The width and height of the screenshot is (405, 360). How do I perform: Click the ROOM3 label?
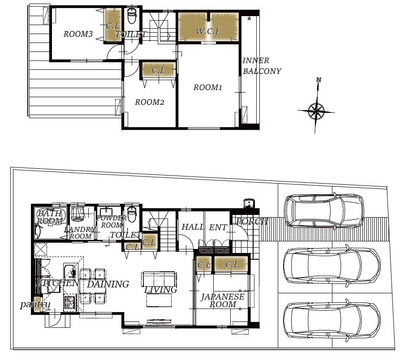(x=78, y=34)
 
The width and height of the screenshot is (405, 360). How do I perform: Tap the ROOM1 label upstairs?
(x=208, y=87)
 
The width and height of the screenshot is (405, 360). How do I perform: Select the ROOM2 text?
(x=150, y=102)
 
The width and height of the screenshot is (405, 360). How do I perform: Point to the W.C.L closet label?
(x=208, y=31)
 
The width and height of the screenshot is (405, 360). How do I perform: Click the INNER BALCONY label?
(x=262, y=66)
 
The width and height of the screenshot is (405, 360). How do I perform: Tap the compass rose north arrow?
(x=316, y=111)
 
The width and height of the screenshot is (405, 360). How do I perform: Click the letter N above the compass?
(x=319, y=80)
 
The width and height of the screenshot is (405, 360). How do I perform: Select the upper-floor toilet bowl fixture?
(x=132, y=16)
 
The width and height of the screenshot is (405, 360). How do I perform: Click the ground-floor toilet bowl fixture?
(x=132, y=214)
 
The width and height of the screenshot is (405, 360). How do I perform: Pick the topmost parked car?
(x=323, y=210)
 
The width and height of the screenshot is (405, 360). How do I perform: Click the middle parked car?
(x=332, y=266)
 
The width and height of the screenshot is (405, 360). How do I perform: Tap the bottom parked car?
(x=332, y=320)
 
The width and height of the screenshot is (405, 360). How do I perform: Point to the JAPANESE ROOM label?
(x=223, y=300)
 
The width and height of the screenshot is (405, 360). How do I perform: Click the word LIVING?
(x=161, y=290)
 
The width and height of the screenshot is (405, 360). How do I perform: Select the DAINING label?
(x=108, y=284)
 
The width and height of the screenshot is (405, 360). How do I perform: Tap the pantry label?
(x=35, y=304)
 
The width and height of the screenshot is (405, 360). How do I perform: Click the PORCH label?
(x=252, y=222)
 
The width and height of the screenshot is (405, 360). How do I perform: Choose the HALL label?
(x=193, y=227)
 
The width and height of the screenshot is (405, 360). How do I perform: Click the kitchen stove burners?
(x=69, y=302)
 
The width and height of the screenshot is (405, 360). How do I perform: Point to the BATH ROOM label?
(x=50, y=217)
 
